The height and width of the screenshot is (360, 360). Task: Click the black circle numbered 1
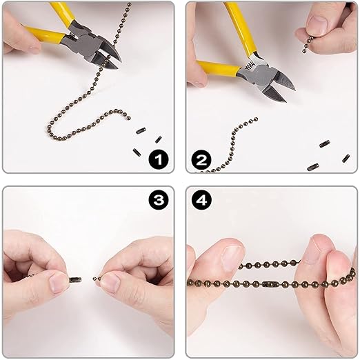tap(159, 159)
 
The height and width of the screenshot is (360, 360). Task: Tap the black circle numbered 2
tap(202, 160)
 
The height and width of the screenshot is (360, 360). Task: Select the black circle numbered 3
tap(159, 200)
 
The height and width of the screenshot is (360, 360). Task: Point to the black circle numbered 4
tap(202, 200)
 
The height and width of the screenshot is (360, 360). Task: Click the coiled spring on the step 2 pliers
tap(250, 67)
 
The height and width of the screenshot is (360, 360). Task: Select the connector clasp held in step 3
tap(75, 280)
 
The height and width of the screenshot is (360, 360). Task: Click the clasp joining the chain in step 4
tap(270, 284)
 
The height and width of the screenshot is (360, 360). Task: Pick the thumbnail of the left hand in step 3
tap(57, 283)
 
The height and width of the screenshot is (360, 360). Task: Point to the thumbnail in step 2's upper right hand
tap(319, 23)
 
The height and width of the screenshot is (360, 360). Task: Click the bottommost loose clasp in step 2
tap(313, 167)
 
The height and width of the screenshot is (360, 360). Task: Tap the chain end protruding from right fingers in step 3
tap(97, 279)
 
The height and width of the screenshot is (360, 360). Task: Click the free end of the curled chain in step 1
tap(129, 118)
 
